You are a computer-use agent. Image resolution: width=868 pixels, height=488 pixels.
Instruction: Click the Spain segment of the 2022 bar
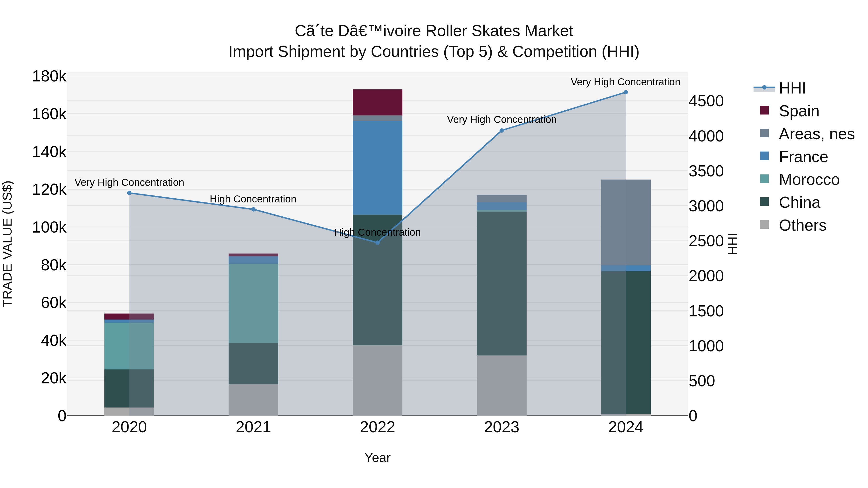pos(377,102)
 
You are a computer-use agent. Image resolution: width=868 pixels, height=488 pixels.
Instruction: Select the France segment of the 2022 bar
pos(377,168)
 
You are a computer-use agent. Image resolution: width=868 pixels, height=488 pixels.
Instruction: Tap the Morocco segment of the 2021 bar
pos(253,303)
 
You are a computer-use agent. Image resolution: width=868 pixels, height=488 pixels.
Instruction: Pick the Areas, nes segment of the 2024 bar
pos(626,222)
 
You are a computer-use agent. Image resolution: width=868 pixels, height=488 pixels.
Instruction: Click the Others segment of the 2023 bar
pos(502,385)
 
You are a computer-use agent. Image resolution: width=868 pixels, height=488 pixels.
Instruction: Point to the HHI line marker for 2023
pos(502,130)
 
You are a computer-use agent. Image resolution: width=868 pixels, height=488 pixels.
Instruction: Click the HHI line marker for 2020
pos(129,193)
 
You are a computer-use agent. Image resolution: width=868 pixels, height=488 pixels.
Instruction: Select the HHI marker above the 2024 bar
pos(626,92)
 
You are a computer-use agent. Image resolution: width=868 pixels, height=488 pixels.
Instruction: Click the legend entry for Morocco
pos(809,180)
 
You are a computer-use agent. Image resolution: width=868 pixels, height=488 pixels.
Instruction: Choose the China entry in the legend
pos(799,202)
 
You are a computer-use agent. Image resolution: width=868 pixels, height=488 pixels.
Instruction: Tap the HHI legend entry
pos(792,88)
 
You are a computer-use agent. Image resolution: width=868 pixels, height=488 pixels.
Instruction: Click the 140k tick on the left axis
pos(49,152)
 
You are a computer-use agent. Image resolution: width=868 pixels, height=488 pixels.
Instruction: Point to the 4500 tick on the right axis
pos(706,101)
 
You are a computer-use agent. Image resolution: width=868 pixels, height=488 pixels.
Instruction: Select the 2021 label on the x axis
pos(253,427)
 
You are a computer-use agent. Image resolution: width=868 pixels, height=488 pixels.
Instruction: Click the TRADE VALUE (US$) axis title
pos(8,244)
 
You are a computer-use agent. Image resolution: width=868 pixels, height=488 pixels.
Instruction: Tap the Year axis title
pos(377,458)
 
